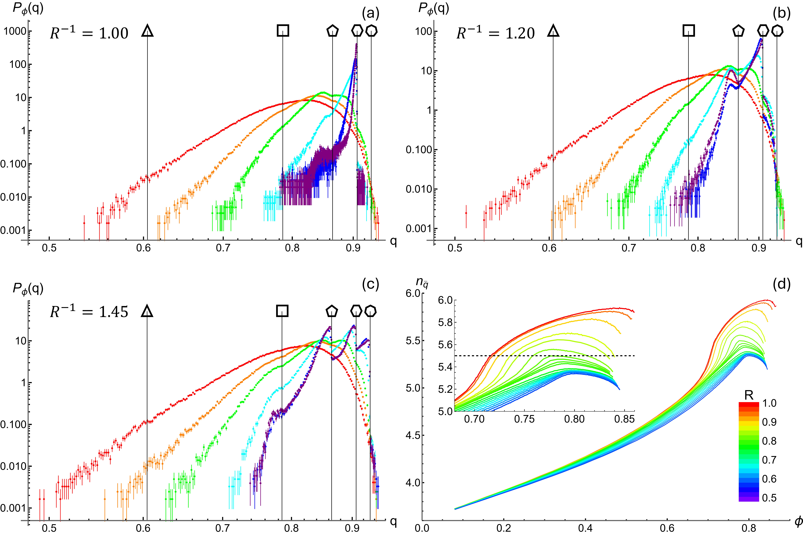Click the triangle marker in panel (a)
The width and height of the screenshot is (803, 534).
click(147, 31)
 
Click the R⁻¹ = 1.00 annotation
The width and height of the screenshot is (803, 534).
click(89, 33)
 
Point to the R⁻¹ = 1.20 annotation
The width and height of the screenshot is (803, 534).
click(495, 33)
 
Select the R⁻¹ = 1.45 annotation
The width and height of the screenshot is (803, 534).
click(89, 312)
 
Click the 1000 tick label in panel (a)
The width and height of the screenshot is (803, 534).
click(15, 31)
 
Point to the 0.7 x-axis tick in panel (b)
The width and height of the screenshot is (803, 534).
click(629, 248)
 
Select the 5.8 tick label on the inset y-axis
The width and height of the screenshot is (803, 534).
click(445, 322)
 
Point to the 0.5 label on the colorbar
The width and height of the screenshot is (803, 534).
click(769, 498)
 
